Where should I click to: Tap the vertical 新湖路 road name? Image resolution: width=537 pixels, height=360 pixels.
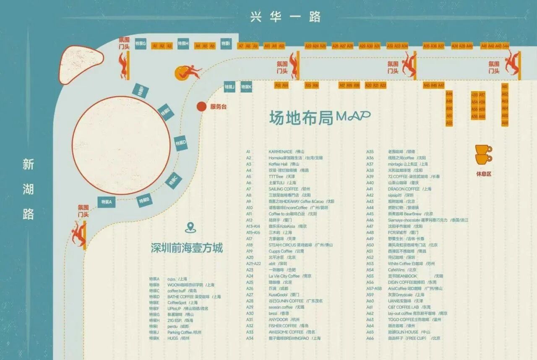click(28, 189)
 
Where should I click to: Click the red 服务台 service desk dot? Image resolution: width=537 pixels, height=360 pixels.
click(201, 107)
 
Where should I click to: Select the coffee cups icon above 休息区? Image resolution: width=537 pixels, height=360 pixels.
click(483, 154)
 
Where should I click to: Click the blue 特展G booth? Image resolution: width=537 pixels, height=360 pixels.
click(141, 44)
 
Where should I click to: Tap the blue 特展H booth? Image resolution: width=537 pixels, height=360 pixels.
click(183, 44)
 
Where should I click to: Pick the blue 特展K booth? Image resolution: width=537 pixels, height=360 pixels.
click(246, 87)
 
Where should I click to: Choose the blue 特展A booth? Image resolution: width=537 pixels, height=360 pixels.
click(106, 202)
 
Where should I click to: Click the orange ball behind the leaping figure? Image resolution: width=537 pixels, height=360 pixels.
click(182, 73)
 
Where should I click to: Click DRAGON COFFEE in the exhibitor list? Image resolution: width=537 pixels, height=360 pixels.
click(404, 189)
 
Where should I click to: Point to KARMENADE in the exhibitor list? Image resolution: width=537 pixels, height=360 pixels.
click(281, 152)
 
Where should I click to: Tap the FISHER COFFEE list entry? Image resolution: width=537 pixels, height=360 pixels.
click(283, 326)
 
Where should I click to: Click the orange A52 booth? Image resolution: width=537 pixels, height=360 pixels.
click(449, 123)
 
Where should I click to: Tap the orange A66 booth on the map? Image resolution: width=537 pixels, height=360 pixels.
click(505, 123)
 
